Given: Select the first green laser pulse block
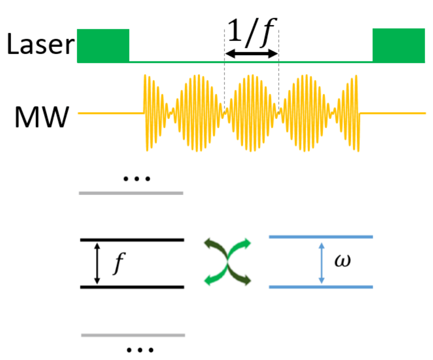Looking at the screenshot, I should pos(103,45).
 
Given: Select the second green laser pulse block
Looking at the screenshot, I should pos(399,45).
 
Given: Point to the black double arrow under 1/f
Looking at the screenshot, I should pos(252,54).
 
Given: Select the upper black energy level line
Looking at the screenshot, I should pos(132,240).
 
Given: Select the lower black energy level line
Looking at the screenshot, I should pos(132,287).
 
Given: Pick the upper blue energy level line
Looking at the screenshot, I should pos(321,237).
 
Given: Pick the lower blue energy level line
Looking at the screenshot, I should pos(321,287).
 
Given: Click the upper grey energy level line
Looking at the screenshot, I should pos(131,192).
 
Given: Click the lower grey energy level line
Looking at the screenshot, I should pos(133,335).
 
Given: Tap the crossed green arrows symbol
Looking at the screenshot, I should pos(228,262).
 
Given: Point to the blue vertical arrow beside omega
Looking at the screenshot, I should pos(321,262).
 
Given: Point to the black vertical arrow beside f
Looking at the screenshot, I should pos(97,263).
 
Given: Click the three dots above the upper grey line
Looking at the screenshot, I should pos(136,178).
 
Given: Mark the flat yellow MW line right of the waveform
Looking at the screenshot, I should pos(392,113).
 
